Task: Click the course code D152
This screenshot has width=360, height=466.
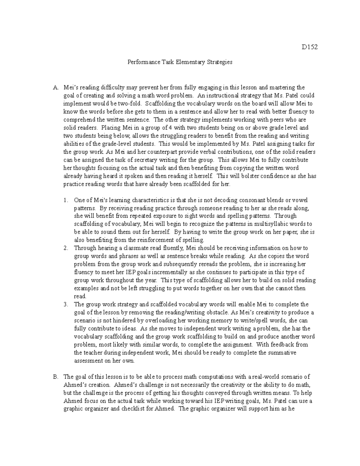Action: (x=310, y=47)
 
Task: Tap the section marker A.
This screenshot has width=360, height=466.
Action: (x=55, y=88)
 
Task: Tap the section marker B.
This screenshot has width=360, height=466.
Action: (x=55, y=377)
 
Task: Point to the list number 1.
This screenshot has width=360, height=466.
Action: (x=66, y=200)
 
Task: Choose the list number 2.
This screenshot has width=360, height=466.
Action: (x=66, y=248)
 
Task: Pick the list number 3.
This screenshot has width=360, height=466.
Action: (x=66, y=304)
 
